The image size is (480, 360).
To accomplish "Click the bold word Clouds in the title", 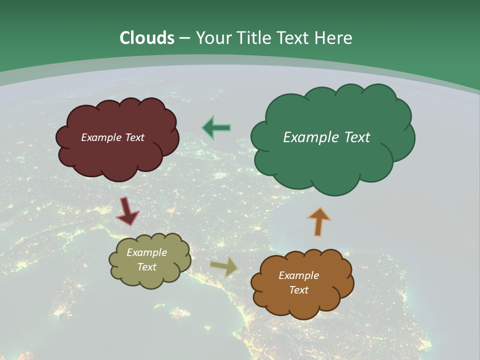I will [147, 38].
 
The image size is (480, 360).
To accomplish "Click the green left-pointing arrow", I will [216, 127].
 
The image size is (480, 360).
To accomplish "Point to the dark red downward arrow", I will [127, 211].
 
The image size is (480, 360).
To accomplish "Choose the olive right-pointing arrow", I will [224, 266].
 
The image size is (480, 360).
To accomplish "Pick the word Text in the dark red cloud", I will [134, 137].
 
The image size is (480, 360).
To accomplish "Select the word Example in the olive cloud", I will [147, 252].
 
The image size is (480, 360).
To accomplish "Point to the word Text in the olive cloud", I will [147, 267].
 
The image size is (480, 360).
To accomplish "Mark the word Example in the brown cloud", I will [298, 275].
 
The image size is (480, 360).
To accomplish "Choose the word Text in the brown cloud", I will [298, 290].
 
